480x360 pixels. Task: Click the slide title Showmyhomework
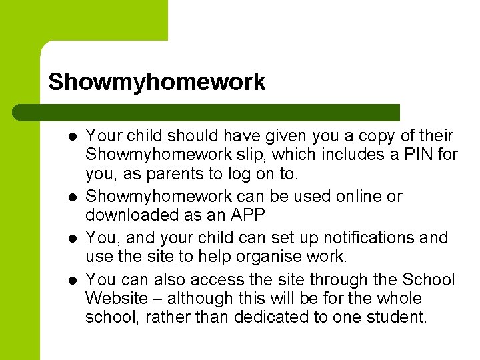tap(157, 82)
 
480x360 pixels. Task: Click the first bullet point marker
tap(71, 137)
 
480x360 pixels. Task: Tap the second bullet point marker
tap(71, 197)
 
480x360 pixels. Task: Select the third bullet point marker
tap(71, 238)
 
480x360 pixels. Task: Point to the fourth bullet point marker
tap(71, 279)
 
